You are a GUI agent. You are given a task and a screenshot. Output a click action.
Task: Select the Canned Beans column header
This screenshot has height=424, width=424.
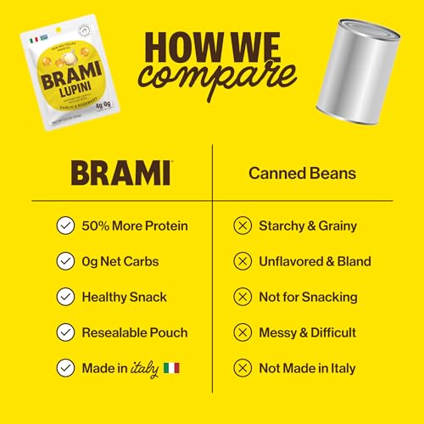pyautogui.click(x=301, y=173)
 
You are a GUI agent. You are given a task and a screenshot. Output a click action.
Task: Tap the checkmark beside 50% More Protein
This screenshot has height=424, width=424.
pyautogui.click(x=64, y=226)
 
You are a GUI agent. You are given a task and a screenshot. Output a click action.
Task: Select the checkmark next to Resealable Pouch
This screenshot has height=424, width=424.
pyautogui.click(x=64, y=332)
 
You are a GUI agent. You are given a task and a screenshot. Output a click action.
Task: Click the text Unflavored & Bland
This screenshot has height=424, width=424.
pyautogui.click(x=315, y=261)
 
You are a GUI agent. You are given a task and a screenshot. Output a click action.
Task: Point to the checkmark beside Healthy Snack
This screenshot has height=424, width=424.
pyautogui.click(x=64, y=297)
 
